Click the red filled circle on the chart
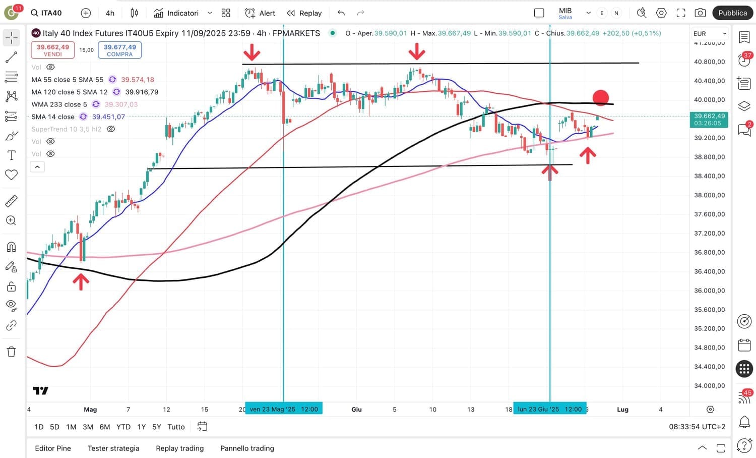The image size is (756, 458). click(600, 98)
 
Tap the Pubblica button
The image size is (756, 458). click(732, 13)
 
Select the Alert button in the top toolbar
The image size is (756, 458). click(260, 13)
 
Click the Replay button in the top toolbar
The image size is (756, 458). click(304, 13)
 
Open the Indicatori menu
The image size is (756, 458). click(176, 13)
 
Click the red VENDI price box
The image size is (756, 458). click(53, 50)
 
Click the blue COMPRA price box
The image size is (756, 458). click(119, 50)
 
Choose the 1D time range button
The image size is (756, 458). click(39, 427)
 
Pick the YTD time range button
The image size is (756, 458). click(123, 427)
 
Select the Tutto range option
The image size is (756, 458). click(176, 427)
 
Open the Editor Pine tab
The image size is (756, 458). click(53, 448)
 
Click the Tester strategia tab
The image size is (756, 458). click(113, 448)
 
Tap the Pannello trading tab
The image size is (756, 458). click(247, 448)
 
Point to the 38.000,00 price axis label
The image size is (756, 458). click(709, 195)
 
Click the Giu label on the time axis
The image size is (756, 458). click(356, 410)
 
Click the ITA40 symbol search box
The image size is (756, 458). click(47, 13)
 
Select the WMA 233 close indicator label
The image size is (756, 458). click(59, 104)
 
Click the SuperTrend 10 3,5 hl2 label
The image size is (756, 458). click(66, 129)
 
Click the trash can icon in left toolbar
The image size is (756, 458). click(11, 352)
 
